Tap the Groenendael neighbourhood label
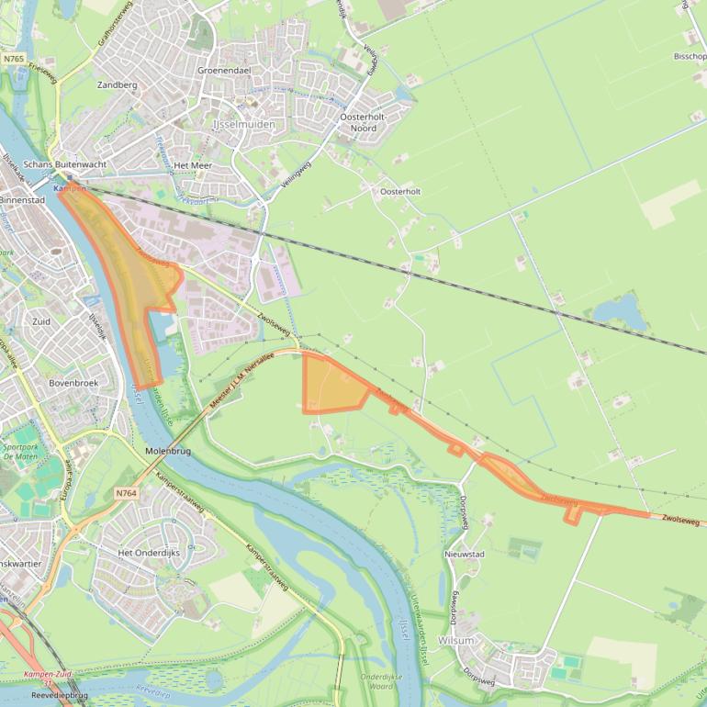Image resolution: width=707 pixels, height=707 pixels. point(225,70)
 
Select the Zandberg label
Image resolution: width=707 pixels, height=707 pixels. point(117,85)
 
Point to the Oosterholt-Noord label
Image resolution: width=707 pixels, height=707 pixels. point(363,123)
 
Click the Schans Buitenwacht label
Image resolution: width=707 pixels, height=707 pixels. point(65,163)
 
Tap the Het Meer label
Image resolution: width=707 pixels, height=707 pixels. point(193,166)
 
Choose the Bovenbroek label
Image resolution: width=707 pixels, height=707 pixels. point(73,383)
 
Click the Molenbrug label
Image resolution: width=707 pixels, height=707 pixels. point(168,452)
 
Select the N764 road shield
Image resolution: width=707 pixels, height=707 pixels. point(127,494)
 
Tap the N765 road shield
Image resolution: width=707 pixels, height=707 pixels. point(13,58)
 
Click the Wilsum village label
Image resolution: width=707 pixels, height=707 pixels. point(456,640)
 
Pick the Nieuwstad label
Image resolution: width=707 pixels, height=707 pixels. point(464,555)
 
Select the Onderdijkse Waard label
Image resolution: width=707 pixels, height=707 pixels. point(376,681)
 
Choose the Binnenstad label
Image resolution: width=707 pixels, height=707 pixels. point(22,199)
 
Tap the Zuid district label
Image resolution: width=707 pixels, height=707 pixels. point(41,322)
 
